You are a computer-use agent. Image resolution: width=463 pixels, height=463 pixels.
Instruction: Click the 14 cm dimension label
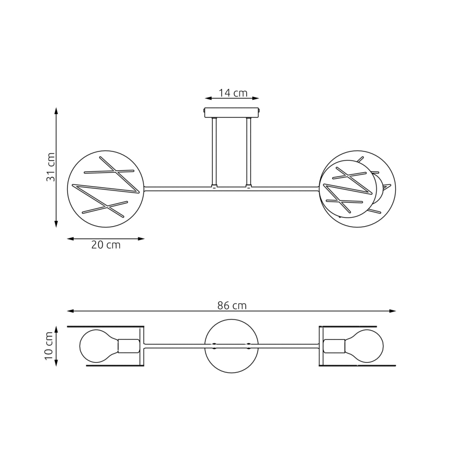233,93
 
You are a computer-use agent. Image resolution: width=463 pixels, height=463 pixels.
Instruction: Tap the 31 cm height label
51,167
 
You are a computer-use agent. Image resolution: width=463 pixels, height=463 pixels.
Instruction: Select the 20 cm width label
106,245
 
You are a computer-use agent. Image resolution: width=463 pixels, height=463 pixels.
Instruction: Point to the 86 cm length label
232,306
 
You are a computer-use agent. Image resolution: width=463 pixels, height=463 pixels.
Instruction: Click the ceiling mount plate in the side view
232,113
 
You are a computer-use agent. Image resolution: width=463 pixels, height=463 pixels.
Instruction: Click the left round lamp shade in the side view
105,189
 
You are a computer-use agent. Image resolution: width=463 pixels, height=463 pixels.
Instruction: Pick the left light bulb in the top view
98,346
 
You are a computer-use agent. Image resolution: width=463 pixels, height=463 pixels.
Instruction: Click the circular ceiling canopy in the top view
232,346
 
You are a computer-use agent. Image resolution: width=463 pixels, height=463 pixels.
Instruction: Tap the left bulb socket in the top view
128,346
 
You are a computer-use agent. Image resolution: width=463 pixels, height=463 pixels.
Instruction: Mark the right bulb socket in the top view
334,346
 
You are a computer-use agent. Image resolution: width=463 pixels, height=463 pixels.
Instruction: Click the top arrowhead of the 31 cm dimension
57,110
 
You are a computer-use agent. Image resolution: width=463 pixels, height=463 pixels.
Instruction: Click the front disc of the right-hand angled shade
347,189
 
